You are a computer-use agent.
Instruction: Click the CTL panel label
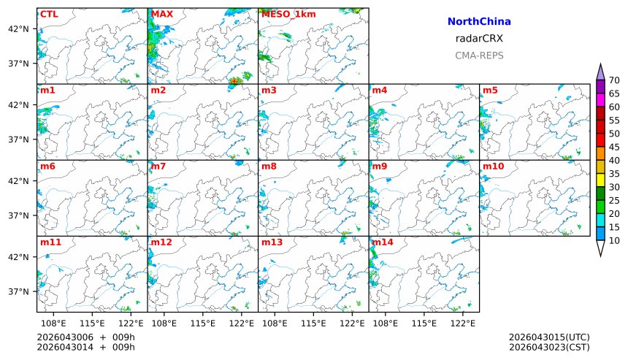tap(48, 14)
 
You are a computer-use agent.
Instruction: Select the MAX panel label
tap(161, 14)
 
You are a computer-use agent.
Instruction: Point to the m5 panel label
tap(490, 91)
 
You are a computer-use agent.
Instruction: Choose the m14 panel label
tap(384, 242)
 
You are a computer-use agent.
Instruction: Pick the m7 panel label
tap(158, 166)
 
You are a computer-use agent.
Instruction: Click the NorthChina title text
tap(479, 22)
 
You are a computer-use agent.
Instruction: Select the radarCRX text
tap(479, 39)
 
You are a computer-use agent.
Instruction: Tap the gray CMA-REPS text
tap(479, 55)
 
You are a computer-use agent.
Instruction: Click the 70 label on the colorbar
tap(614, 80)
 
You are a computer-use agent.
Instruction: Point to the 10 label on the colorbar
tap(614, 241)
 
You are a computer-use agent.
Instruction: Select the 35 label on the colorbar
tap(614, 174)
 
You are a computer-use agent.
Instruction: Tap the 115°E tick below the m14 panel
tap(424, 323)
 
